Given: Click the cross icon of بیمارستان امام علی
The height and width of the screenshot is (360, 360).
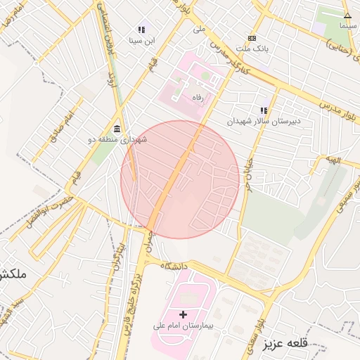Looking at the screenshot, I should click(184, 314).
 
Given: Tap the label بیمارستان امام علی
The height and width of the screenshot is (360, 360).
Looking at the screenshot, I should click(184, 327).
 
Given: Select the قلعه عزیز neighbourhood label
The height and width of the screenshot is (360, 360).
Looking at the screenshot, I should click(288, 344).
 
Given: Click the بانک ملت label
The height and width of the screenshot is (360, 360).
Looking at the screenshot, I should click(251, 49).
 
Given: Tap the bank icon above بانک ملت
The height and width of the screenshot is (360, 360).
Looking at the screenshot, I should click(252, 38).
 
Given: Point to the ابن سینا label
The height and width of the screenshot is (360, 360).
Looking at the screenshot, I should click(141, 41).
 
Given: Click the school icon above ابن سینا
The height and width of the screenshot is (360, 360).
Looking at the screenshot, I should click(141, 30).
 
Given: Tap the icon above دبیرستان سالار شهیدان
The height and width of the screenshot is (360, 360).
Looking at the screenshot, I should click(264, 110).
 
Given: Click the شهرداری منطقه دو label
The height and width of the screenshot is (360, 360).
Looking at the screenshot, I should click(117, 140).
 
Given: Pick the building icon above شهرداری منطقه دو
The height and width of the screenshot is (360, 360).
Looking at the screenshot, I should click(116, 129).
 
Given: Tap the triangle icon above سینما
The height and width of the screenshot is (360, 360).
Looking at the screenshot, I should click(347, 15).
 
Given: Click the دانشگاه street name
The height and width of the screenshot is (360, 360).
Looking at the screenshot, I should click(175, 266).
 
